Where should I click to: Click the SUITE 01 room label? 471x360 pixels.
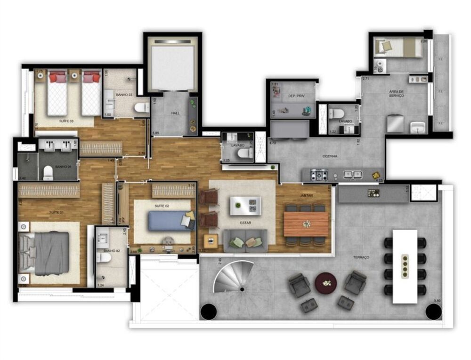pos(56,213)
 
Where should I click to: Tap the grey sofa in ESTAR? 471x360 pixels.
pos(245,240)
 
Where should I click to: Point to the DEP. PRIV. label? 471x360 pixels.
pos(294,96)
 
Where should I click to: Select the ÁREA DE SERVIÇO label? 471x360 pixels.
pos(396,93)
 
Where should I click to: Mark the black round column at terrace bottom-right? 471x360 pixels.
pos(433,311)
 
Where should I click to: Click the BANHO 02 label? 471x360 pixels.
pos(112,251)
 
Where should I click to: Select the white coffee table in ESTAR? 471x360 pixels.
pos(245,205)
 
